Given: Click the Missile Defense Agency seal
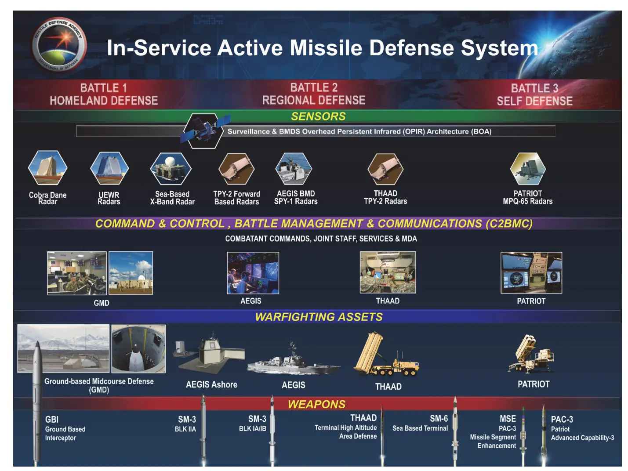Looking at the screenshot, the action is click(59, 44).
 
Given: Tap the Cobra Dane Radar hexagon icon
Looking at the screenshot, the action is click(48, 167).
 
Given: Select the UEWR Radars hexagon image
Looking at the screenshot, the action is click(109, 168).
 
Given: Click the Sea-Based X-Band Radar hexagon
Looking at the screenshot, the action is click(171, 168).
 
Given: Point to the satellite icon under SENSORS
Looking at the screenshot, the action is click(204, 130).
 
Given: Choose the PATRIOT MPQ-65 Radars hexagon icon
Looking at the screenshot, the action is click(528, 168).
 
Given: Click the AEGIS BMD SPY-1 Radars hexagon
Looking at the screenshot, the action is click(294, 168).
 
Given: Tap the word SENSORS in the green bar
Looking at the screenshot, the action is click(318, 116).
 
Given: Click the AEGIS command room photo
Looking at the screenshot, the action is click(253, 273).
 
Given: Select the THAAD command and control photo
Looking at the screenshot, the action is click(388, 272).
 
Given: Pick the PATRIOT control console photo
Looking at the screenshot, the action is click(531, 272).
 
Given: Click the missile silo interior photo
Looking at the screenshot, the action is click(138, 348).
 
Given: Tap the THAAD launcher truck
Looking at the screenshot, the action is click(386, 354).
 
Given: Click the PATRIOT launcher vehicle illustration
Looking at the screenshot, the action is click(532, 354).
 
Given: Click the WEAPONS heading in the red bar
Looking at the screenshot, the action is click(316, 404).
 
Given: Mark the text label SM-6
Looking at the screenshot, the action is click(439, 419).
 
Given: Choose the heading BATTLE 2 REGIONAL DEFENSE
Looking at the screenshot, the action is click(314, 94).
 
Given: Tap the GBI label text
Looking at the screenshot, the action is click(52, 420).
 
